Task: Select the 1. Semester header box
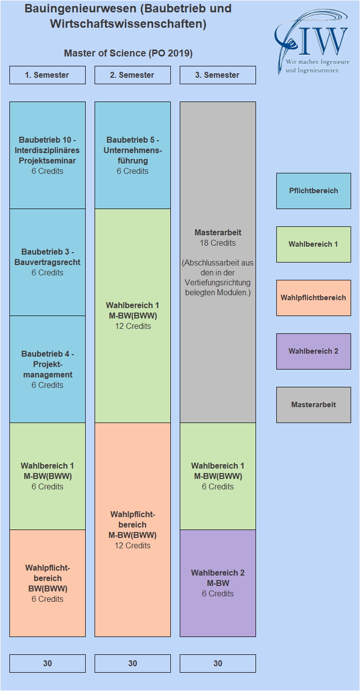(x=48, y=75)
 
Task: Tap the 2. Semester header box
(x=133, y=75)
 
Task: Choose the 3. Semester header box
(x=218, y=75)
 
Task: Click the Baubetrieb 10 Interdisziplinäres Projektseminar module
(x=48, y=156)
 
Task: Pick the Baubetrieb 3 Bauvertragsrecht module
(x=48, y=262)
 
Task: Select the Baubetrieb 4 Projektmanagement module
(x=48, y=369)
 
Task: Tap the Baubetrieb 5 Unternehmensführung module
(x=133, y=156)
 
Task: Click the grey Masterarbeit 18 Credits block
(x=218, y=262)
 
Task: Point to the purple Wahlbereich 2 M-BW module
(x=218, y=583)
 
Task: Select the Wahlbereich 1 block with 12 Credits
(x=133, y=316)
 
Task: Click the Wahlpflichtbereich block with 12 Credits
(x=133, y=530)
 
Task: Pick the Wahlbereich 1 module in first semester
(x=48, y=476)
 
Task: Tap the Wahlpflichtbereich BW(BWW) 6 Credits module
(x=48, y=583)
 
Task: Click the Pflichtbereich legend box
(x=313, y=191)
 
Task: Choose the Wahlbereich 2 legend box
(x=313, y=351)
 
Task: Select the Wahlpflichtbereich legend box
(x=313, y=298)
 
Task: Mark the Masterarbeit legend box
(x=313, y=405)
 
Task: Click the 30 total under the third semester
(x=218, y=663)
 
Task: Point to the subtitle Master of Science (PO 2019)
(x=128, y=53)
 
